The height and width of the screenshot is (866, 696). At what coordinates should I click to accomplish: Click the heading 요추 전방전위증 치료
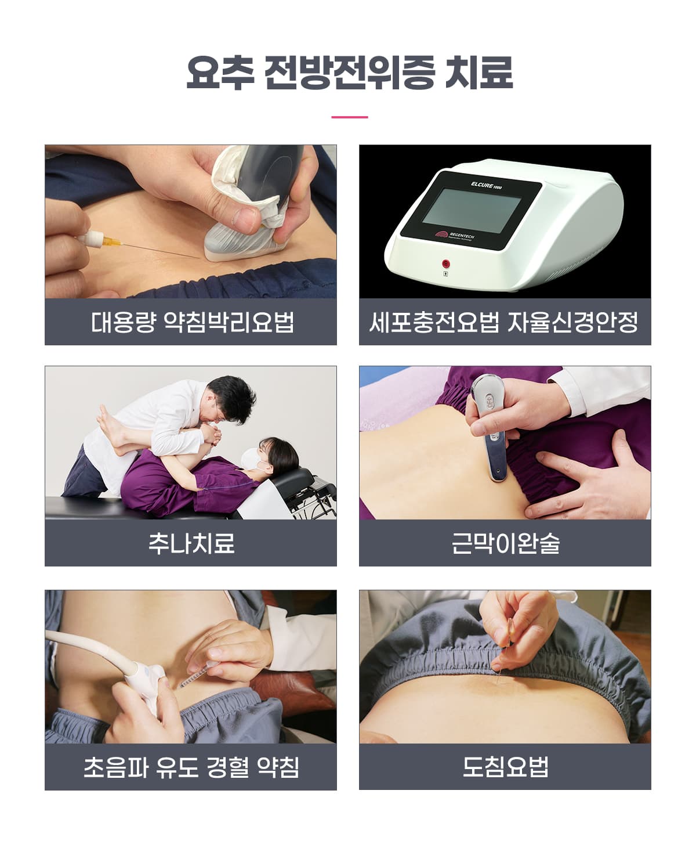349,73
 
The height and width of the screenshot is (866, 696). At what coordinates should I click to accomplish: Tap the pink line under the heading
349,117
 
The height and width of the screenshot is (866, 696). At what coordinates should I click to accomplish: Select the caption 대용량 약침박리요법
192,322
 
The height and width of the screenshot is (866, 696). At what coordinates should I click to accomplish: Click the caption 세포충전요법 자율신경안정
504,322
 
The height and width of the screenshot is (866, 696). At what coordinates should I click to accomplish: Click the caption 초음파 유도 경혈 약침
191,767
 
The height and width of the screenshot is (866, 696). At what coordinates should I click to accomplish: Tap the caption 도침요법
505,767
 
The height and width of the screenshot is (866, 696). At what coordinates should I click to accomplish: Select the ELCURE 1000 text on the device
486,186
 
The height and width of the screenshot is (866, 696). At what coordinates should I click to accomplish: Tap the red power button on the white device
445,264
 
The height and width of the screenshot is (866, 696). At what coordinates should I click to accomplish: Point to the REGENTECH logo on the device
455,235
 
